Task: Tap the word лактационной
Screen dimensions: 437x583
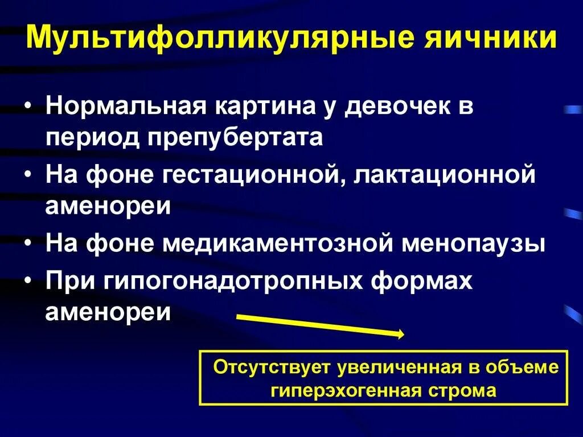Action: (x=445, y=174)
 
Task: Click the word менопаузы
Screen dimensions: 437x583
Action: (x=475, y=243)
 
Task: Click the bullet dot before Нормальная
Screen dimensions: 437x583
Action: (x=29, y=108)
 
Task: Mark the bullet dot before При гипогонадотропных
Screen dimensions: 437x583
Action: (x=29, y=280)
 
